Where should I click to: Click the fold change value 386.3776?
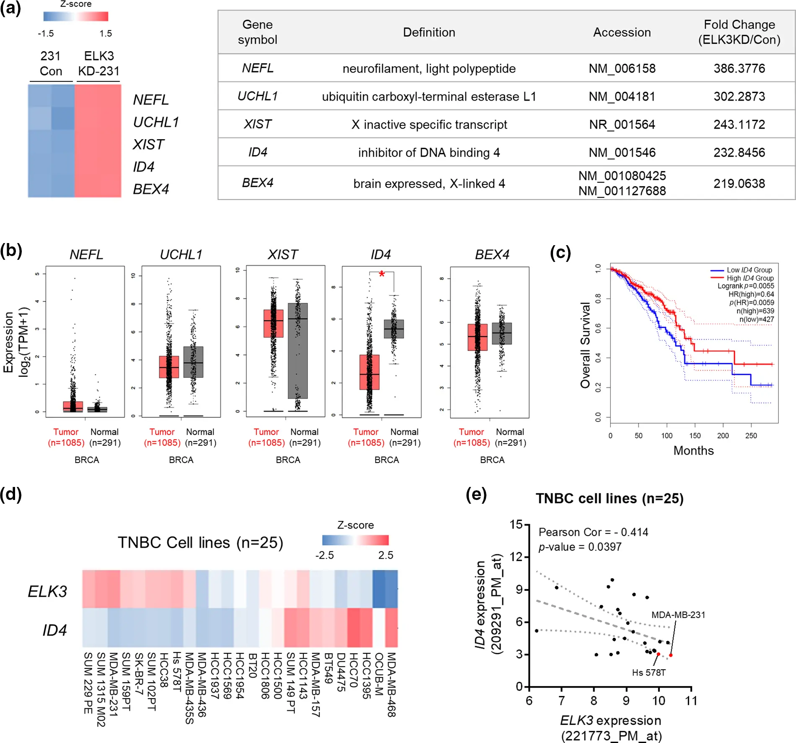pos(739,68)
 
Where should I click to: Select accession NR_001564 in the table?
pos(622,124)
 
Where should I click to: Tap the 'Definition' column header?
pos(429,32)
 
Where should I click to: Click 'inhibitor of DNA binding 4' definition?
pos(429,153)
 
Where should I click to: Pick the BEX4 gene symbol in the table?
pos(257,183)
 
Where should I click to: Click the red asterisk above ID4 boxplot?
pos(382,274)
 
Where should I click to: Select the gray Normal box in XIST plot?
pos(298,350)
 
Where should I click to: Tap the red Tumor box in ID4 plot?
pos(370,372)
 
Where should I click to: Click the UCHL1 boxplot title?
pos(181,254)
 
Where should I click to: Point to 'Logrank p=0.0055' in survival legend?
pos(745,286)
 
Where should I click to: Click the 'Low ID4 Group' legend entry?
pos(749,270)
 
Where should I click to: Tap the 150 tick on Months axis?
pos(695,435)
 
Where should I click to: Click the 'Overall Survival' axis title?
pos(585,345)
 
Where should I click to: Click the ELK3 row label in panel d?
pos(47,591)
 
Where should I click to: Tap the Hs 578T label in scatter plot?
pos(649,673)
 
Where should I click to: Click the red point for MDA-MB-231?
pos(671,655)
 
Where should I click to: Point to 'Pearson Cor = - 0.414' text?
pos(593,532)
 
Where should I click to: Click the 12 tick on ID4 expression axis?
pos(519,557)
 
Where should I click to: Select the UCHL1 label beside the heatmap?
pos(156,122)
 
